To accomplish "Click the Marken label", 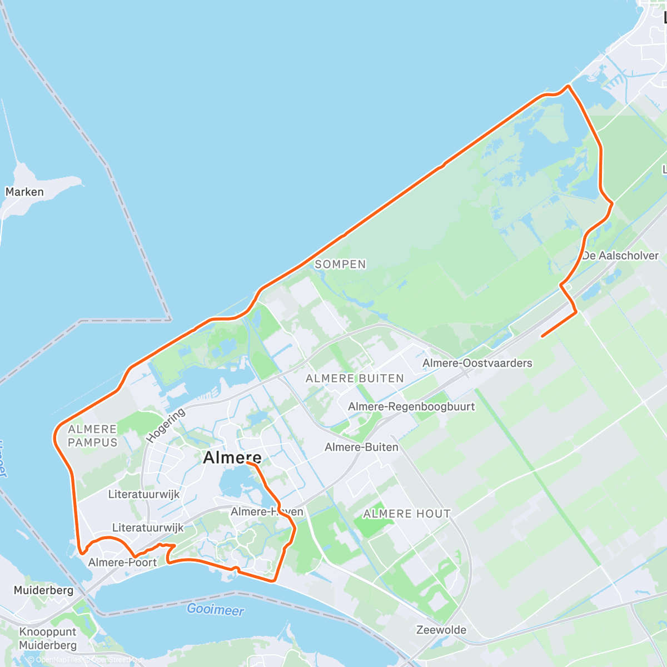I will [x=24, y=192].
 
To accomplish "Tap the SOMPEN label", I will [x=340, y=265].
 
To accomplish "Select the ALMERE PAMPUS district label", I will [x=93, y=436].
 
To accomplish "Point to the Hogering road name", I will [x=166, y=426].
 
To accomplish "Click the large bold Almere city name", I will [x=232, y=457].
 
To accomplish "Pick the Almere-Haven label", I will [x=267, y=511].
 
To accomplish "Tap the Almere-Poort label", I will [x=122, y=563].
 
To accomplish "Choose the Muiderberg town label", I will [x=43, y=590].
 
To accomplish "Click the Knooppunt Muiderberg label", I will [x=48, y=639].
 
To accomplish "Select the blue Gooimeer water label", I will [x=215, y=610].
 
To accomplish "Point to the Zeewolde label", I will [x=441, y=630].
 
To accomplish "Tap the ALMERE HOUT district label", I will [x=407, y=514].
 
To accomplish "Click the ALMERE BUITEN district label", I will [x=355, y=379].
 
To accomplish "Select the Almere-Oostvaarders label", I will [x=477, y=363].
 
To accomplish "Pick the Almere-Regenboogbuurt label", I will [x=411, y=406].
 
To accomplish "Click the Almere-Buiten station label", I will [x=361, y=447].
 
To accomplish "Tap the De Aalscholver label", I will [x=620, y=256].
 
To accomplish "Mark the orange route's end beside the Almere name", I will [x=247, y=462].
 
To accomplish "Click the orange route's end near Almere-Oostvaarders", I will [x=542, y=336].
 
